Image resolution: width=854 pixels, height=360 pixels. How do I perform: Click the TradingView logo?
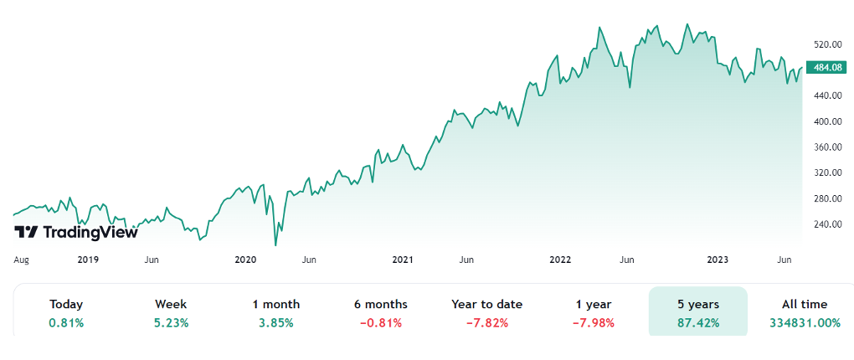pyautogui.click(x=76, y=232)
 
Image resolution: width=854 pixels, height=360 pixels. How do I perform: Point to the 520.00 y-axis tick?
pyautogui.click(x=826, y=44)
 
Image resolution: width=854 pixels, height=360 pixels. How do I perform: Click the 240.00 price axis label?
pyautogui.click(x=826, y=224)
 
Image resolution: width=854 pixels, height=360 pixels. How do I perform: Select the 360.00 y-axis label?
pyautogui.click(x=826, y=147)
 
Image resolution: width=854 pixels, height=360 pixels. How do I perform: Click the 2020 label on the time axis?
pyautogui.click(x=245, y=260)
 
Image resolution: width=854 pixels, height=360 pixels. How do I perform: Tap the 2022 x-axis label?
pyautogui.click(x=560, y=260)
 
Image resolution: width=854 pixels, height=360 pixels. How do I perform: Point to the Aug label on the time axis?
pyautogui.click(x=22, y=260)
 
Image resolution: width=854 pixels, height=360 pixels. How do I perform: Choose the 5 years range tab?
pyautogui.click(x=698, y=305)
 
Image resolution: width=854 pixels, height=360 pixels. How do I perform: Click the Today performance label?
pyautogui.click(x=66, y=305)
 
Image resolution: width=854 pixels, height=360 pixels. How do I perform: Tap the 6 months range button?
pyautogui.click(x=380, y=305)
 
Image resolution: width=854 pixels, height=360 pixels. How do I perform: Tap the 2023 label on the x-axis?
pyautogui.click(x=718, y=260)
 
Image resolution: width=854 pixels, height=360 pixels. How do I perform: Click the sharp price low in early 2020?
pyautogui.click(x=276, y=244)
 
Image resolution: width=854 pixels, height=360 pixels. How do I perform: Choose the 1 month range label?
pyautogui.click(x=275, y=305)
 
